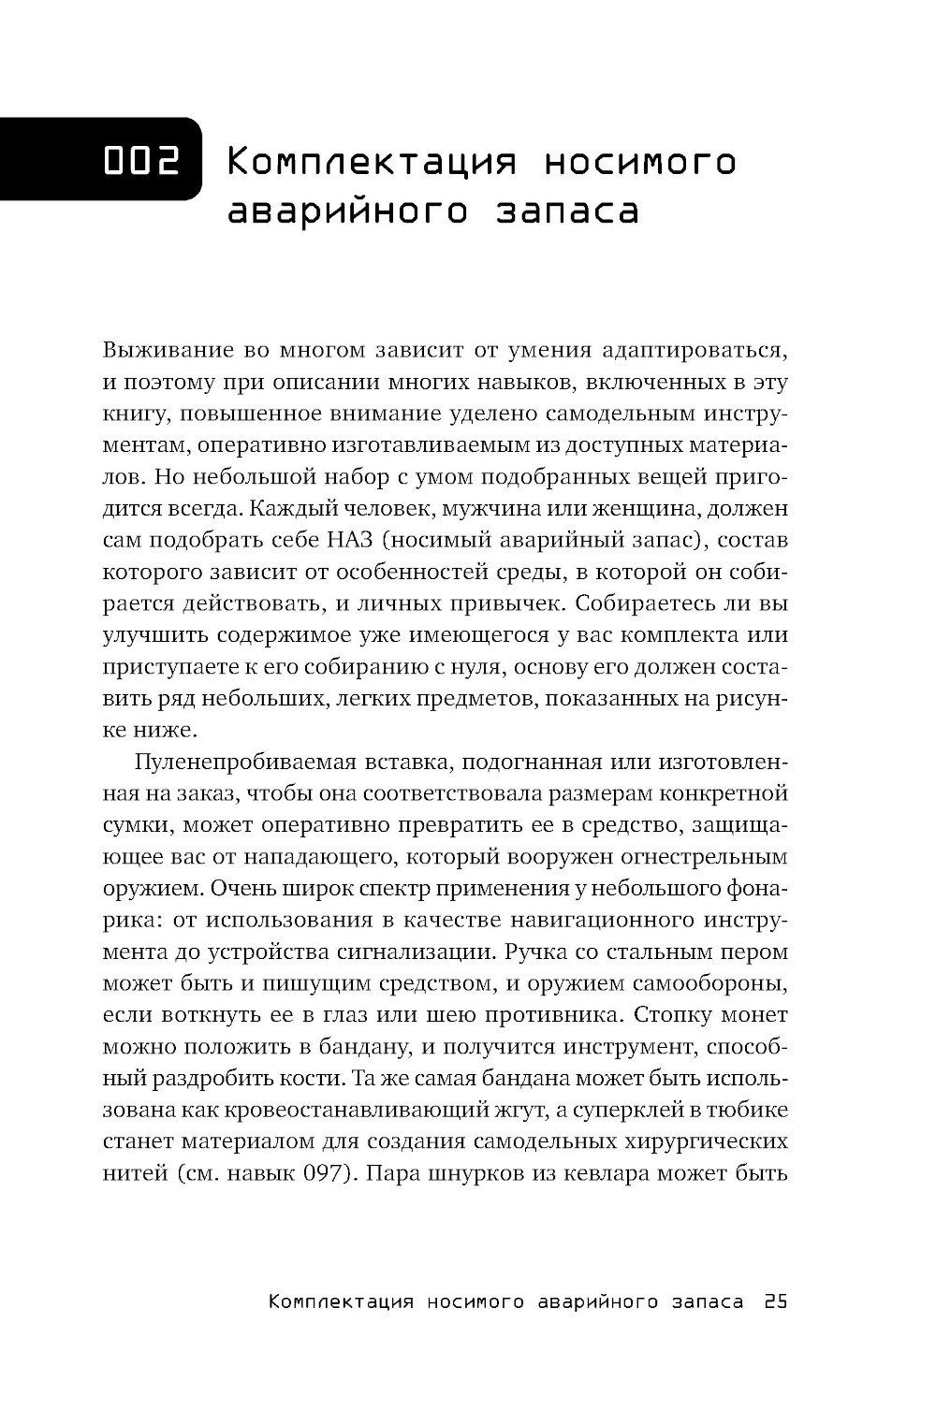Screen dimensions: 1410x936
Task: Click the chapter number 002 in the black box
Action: [x=141, y=161]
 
